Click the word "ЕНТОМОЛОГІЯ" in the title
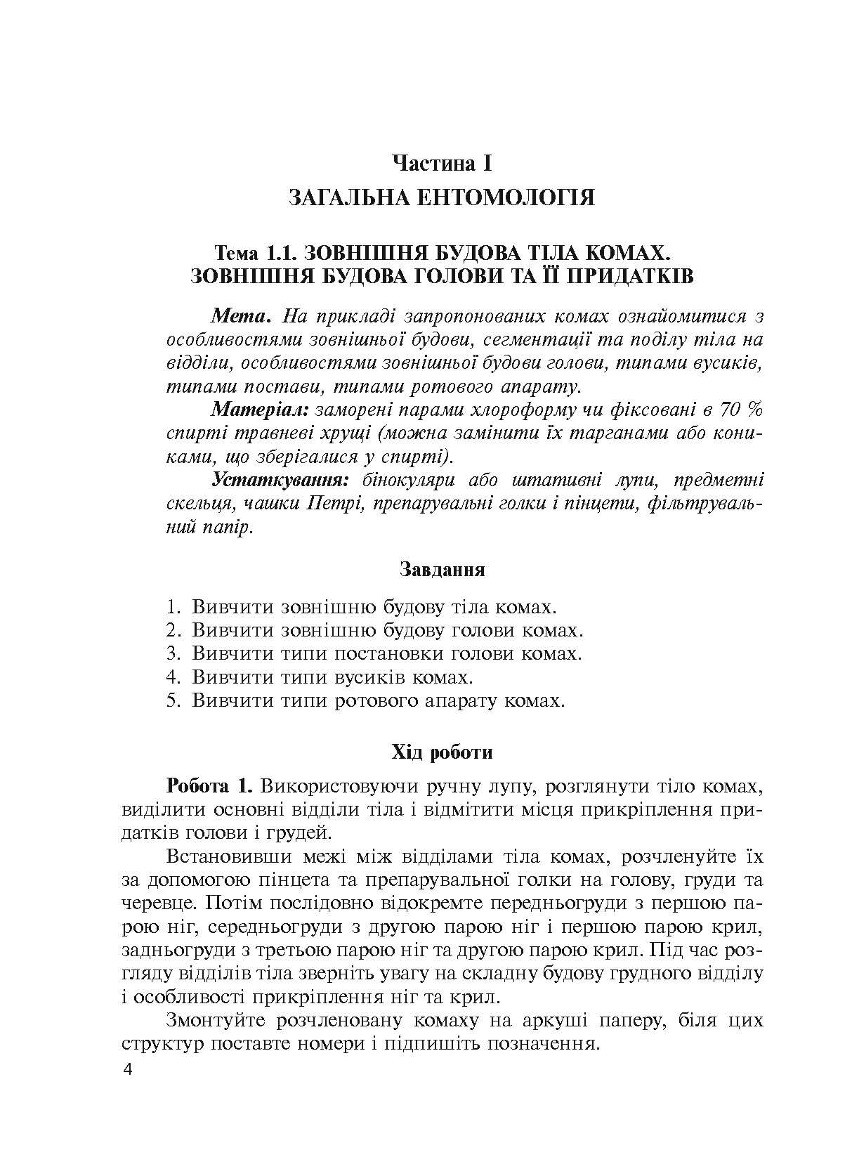[502, 198]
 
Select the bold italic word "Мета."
[241, 316]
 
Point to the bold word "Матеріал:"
[261, 409]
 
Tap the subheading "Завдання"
[442, 568]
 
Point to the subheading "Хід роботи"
[442, 753]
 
